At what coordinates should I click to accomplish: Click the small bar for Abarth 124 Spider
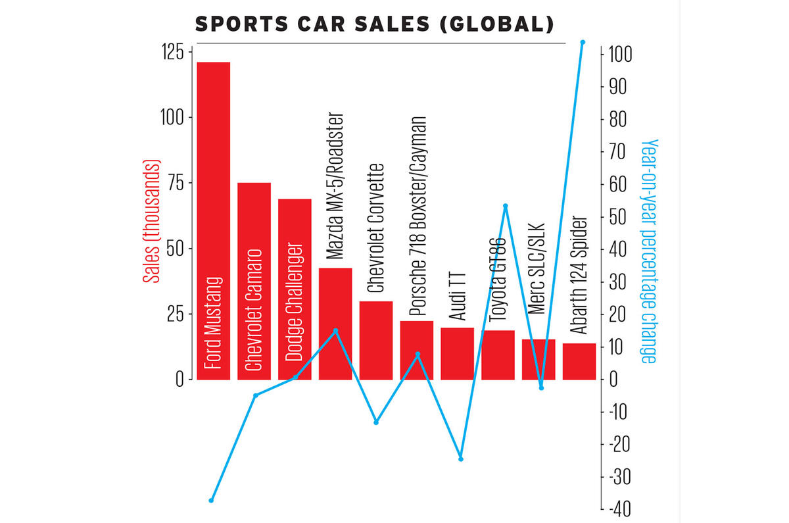(579, 362)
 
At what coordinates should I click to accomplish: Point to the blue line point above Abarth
(583, 42)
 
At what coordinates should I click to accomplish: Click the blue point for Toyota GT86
(506, 206)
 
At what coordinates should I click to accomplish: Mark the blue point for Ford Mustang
(211, 501)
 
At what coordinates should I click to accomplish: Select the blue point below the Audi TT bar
(461, 459)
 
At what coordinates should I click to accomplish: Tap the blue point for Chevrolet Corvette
(376, 422)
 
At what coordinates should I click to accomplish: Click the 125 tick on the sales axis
(173, 53)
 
